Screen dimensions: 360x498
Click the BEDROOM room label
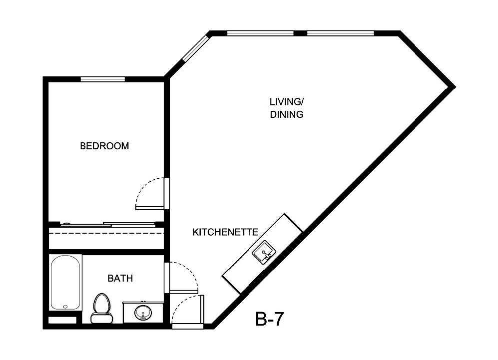pyautogui.click(x=104, y=146)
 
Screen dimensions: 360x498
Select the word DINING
pyautogui.click(x=287, y=114)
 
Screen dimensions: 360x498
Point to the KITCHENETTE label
pyautogui.click(x=225, y=232)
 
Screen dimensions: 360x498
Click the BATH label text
pyautogui.click(x=120, y=278)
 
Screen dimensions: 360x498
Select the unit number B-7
pyautogui.click(x=270, y=319)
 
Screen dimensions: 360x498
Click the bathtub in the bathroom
pyautogui.click(x=65, y=282)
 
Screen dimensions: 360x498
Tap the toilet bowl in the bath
pyautogui.click(x=102, y=303)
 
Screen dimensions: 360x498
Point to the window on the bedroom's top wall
pyautogui.click(x=103, y=78)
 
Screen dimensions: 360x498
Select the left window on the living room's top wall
pyautogui.click(x=260, y=33)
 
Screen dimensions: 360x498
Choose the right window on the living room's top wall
pyautogui.click(x=340, y=33)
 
